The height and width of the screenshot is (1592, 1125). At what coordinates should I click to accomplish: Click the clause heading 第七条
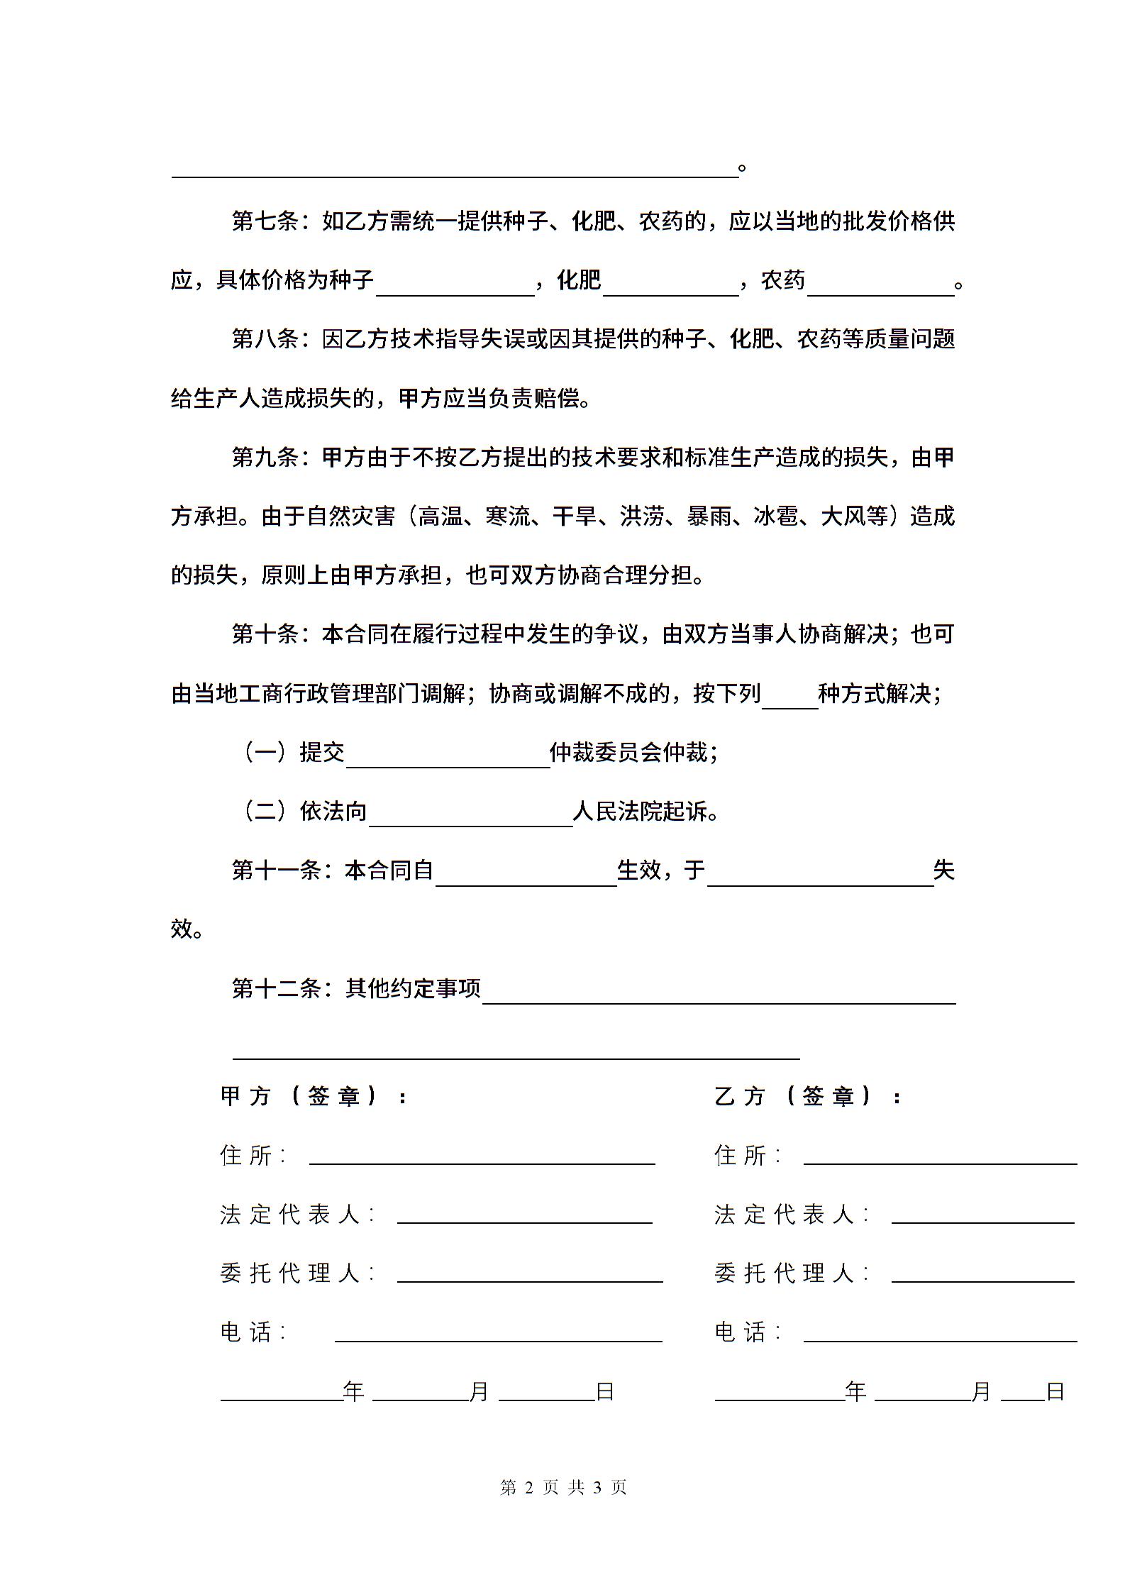(x=265, y=222)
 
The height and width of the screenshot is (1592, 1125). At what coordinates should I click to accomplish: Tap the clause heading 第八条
(x=265, y=340)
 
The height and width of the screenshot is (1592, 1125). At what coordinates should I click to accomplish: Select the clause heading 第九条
(x=265, y=458)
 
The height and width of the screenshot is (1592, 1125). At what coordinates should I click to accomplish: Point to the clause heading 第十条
(x=265, y=634)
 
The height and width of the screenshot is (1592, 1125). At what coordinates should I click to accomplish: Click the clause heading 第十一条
(x=277, y=870)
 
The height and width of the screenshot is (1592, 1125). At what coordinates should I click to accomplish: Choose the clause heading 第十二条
(x=277, y=988)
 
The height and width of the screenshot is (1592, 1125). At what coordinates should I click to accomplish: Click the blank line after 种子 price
(x=455, y=287)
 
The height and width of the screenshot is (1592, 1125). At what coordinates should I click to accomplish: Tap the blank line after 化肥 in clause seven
(x=670, y=287)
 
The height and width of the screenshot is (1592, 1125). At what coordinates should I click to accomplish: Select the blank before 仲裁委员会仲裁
(x=448, y=759)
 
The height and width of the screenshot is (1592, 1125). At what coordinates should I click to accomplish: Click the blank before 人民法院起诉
(x=470, y=818)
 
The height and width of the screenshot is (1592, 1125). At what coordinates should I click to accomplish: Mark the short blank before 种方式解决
(x=789, y=700)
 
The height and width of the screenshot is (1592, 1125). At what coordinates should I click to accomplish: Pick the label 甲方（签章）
(x=312, y=1097)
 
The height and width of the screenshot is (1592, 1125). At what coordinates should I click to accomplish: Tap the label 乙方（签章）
(x=807, y=1097)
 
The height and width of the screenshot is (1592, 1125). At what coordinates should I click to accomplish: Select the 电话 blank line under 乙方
(x=940, y=1339)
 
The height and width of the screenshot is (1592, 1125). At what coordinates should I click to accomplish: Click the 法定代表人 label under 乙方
(x=791, y=1215)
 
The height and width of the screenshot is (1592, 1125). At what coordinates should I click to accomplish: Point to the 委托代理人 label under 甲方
(x=297, y=1273)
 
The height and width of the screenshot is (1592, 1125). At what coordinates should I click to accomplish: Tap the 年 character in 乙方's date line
(x=855, y=1392)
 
